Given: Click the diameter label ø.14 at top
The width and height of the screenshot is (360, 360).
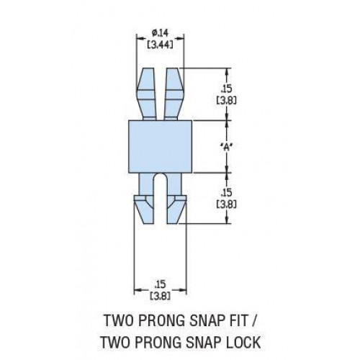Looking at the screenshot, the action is (160, 33).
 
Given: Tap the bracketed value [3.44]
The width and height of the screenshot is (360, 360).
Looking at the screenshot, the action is (160, 45).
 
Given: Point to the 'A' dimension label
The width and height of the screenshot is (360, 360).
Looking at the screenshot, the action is (227, 147).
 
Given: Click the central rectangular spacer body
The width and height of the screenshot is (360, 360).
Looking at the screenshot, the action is (160, 147).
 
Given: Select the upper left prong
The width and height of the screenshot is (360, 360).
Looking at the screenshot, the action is (146, 94).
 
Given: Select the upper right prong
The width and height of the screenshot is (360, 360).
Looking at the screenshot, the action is (174, 94).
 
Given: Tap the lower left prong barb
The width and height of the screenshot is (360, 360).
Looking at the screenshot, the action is (143, 210).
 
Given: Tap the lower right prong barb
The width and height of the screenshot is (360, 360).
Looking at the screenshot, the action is (176, 210).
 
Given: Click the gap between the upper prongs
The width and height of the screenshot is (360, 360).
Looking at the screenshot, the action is (159, 94).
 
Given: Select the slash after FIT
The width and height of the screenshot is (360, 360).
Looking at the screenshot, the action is (254, 321).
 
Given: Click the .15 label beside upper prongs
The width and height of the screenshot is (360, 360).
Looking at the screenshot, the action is (227, 89).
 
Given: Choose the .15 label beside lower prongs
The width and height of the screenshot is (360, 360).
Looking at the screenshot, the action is (227, 193).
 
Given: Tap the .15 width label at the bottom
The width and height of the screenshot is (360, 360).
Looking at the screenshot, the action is (160, 284).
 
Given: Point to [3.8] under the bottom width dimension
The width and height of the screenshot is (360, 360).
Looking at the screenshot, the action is (160, 296).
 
